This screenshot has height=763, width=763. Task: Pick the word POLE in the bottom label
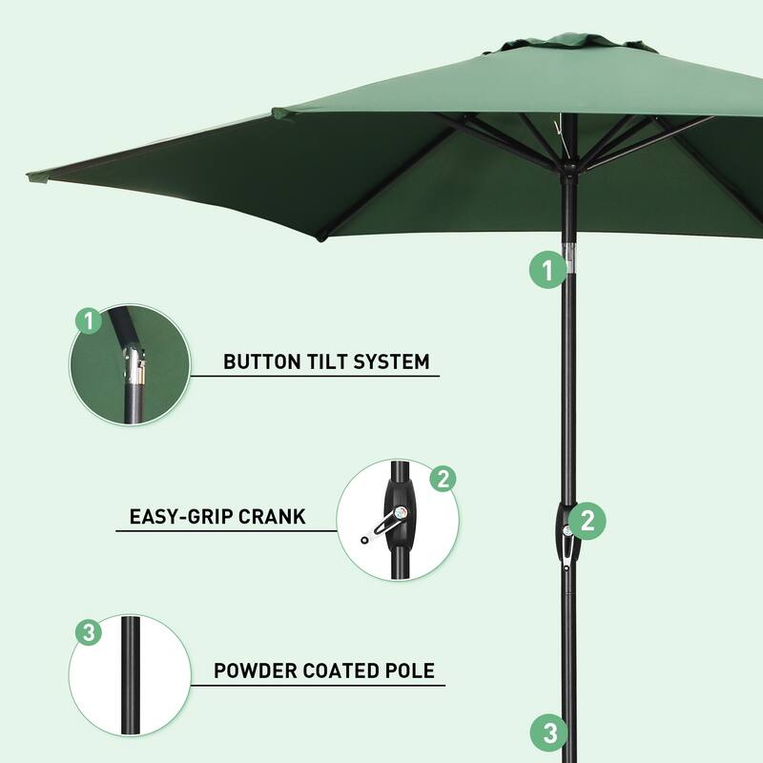[x=410, y=670]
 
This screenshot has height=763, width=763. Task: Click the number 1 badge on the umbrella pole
[x=546, y=270]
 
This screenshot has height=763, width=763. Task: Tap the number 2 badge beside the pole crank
[x=588, y=520]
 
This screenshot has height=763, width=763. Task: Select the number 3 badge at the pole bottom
[x=548, y=733]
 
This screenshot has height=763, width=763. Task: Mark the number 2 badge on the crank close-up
[x=442, y=479]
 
